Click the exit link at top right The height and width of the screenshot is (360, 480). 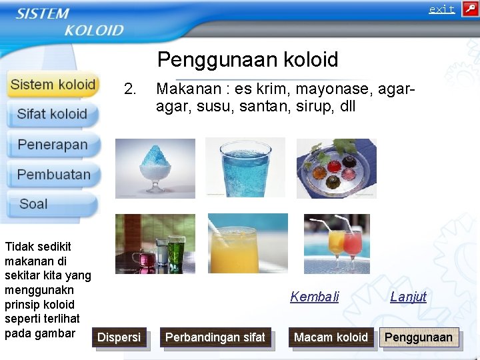tap(441, 9)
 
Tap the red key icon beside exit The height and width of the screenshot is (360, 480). tap(469, 9)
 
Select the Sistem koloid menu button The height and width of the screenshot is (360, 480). tap(53, 85)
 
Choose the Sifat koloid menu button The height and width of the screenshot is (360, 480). tap(53, 114)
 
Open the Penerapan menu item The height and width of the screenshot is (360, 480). tap(53, 145)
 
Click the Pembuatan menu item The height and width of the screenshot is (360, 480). tap(53, 175)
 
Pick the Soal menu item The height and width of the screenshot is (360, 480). tap(34, 204)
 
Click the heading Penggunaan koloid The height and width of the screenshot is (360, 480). tap(247, 59)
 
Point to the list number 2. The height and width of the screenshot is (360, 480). tap(130, 89)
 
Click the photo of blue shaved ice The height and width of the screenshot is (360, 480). tap(155, 168)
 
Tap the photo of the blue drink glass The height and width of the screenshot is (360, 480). tap(245, 167)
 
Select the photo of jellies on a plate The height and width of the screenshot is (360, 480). tap(336, 168)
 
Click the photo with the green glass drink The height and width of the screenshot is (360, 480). tap(155, 244)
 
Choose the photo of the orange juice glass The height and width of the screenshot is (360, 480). tap(247, 244)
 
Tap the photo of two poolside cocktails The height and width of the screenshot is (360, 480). tap(336, 244)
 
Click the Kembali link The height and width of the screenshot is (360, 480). tap(315, 297)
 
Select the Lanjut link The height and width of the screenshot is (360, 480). tap(408, 297)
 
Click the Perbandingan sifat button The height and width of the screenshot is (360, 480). tap(215, 338)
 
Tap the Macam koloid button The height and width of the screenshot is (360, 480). tap(331, 338)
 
